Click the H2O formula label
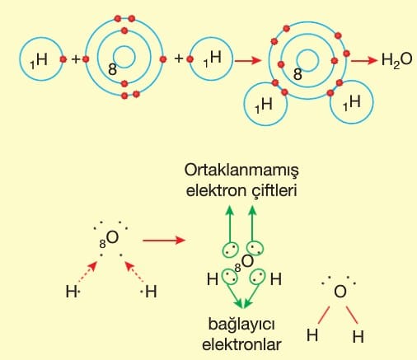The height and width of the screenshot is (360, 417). point(397,60)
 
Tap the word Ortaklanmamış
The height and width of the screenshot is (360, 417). point(241,171)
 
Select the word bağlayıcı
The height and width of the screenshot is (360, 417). point(241,325)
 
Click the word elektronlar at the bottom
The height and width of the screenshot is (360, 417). point(241,345)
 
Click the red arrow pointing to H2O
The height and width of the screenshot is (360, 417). point(364,60)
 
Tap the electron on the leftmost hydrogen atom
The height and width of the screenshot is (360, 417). point(63,59)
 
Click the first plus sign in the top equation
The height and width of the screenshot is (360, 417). point(76,59)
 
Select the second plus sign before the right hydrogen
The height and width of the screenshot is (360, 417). point(179,58)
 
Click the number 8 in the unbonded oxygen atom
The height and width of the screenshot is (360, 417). point(112,69)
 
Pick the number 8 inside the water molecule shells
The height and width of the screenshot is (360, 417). point(298,74)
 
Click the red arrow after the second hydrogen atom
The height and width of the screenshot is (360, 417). point(247,60)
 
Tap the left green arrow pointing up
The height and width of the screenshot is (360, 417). point(230,224)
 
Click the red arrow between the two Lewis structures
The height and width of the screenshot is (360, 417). point(164,241)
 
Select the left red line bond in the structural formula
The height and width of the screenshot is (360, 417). point(324,315)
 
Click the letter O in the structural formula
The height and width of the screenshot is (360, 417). point(340,292)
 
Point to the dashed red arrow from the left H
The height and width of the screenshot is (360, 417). point(87,272)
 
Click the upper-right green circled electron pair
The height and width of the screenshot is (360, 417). point(255,248)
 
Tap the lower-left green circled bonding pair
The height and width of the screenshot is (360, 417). point(230,277)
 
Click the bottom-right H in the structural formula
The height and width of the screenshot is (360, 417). point(358,337)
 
